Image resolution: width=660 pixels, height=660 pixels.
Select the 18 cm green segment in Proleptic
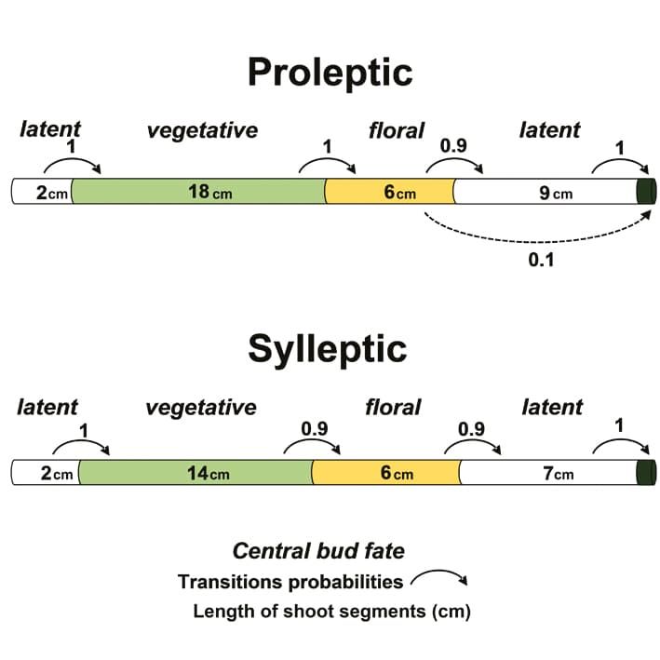[x=197, y=193]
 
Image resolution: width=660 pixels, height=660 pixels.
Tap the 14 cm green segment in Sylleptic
[x=195, y=473]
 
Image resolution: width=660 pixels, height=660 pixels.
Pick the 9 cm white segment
[x=544, y=193]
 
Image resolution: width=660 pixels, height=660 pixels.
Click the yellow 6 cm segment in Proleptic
[x=389, y=193]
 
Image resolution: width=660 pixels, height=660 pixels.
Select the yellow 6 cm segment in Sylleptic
[x=386, y=473]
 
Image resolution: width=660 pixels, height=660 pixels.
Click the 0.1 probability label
[x=541, y=260]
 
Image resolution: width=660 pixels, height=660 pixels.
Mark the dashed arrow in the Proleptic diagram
[x=535, y=238]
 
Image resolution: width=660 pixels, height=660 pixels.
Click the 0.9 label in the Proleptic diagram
[x=453, y=146]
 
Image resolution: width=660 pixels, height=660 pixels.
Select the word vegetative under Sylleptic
[x=201, y=407]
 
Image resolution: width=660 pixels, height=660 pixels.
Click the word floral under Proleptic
[x=397, y=130]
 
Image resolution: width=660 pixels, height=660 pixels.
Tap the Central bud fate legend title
[x=318, y=551]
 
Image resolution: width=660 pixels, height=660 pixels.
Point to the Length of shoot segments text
[x=331, y=612]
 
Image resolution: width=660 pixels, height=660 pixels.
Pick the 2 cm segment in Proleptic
[x=42, y=193]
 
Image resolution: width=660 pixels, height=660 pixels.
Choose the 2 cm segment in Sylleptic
[x=45, y=473]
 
